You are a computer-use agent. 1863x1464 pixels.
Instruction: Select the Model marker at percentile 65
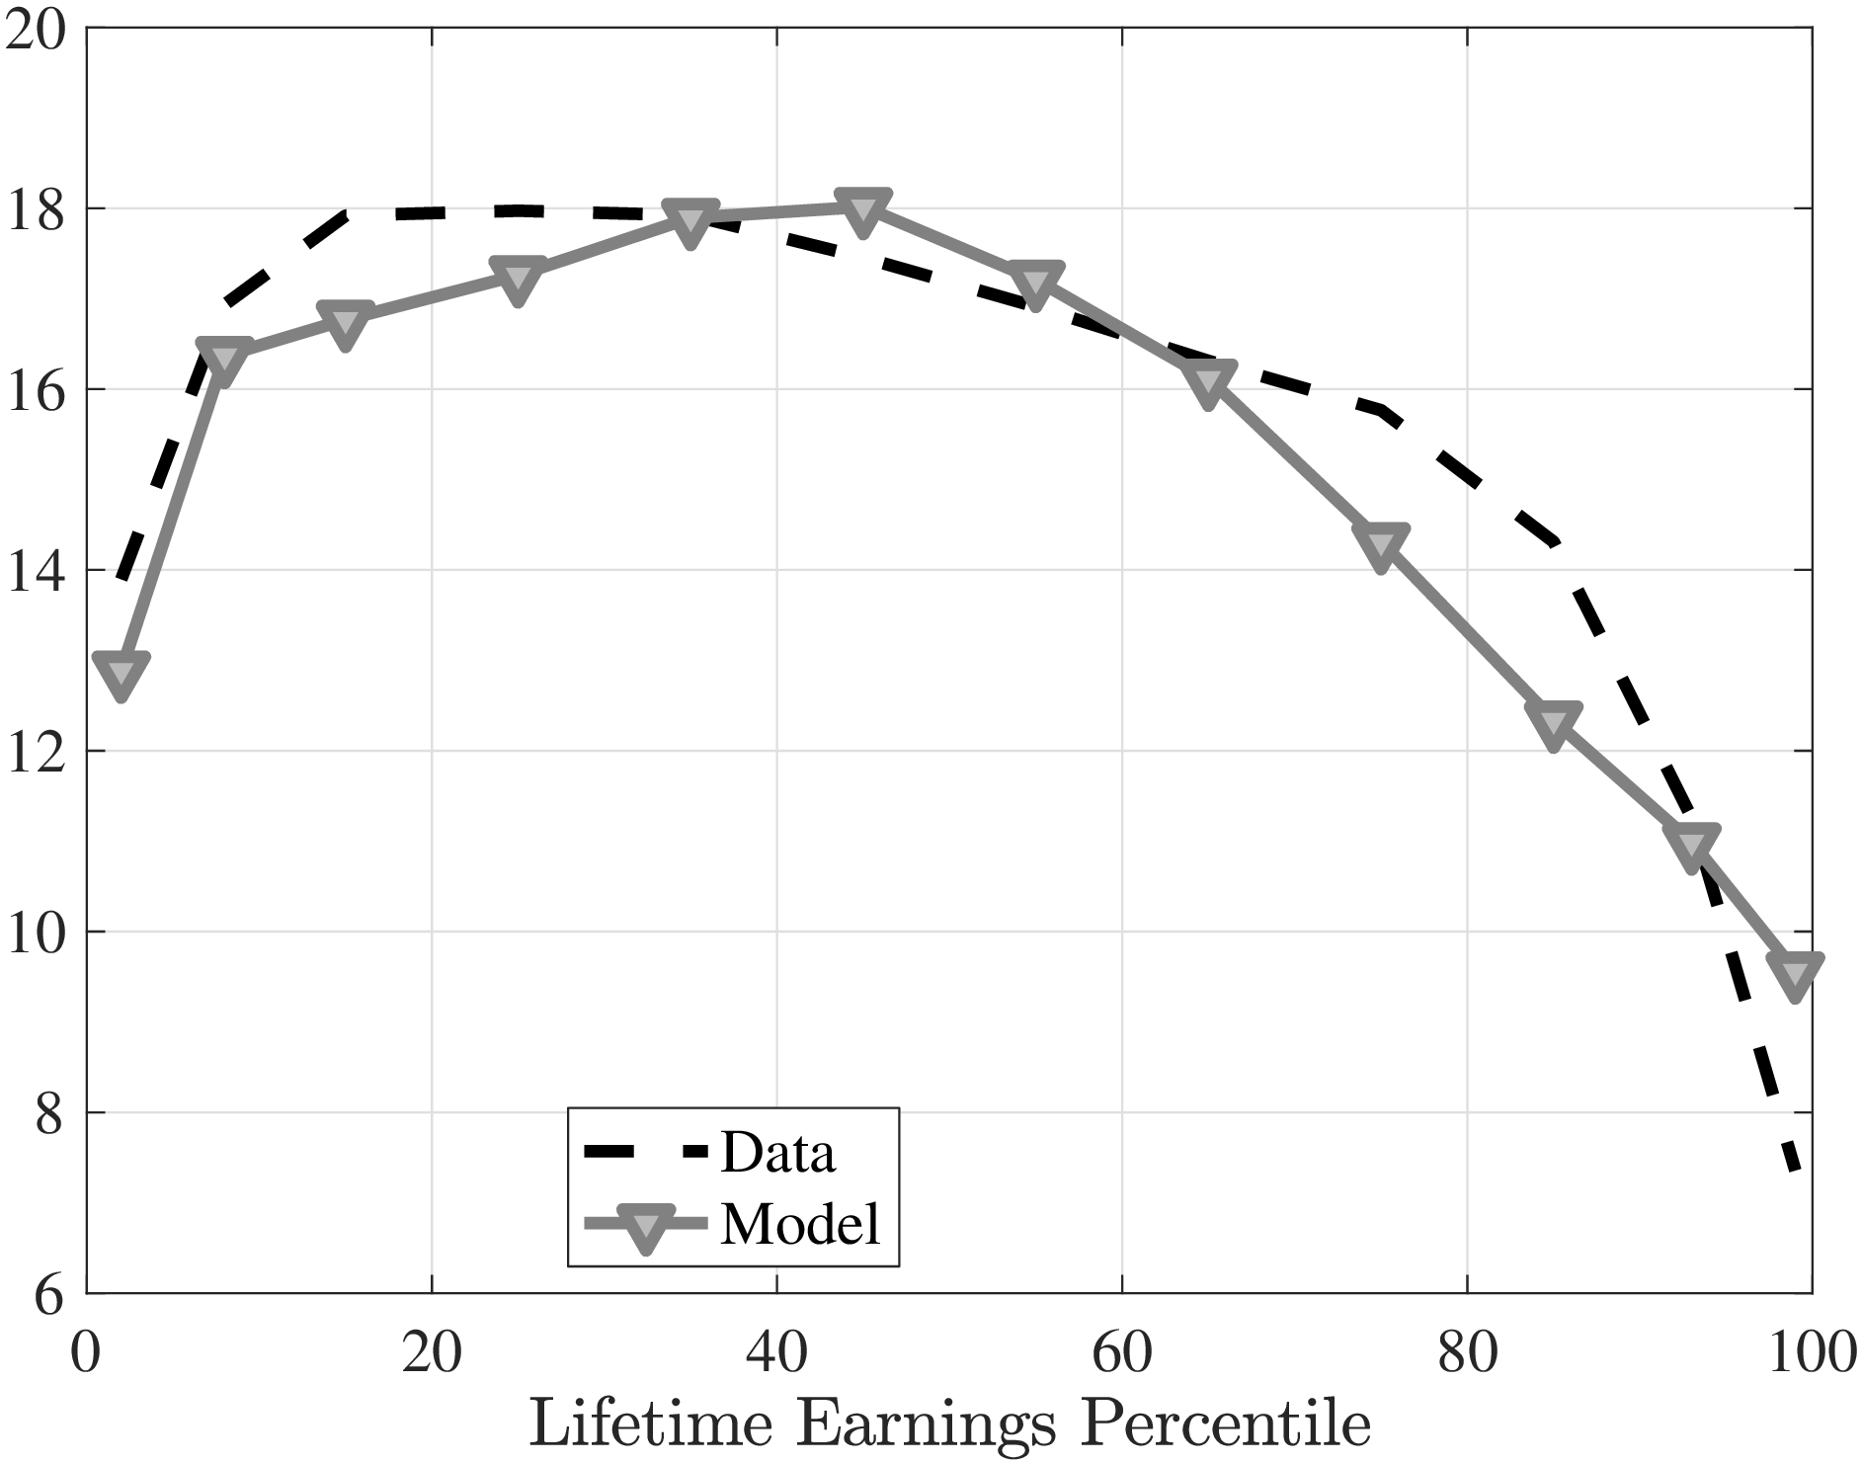coord(1208,382)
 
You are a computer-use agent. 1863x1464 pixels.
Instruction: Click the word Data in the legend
coord(778,1153)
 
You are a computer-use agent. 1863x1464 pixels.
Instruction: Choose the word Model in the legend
coord(800,1225)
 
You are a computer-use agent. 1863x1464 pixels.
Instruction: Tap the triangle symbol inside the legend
coord(645,1226)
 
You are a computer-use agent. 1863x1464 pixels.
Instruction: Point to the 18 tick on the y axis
coord(40,209)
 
